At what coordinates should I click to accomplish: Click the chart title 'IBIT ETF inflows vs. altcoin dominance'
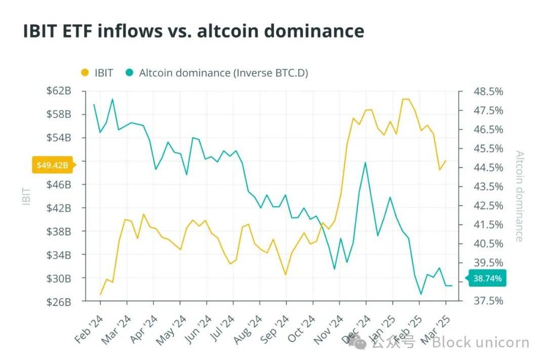coord(193,31)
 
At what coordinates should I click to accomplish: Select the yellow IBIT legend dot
coord(85,73)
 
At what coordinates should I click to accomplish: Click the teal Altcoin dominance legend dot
coord(129,73)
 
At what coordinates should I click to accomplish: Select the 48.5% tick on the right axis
coord(488,92)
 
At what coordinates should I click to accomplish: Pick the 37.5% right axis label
coord(488,301)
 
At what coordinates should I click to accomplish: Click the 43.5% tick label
coord(488,187)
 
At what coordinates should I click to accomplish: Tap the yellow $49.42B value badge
coord(53,165)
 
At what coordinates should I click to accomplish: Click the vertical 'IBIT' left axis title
coord(27,196)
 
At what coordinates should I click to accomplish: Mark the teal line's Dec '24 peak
coord(365,163)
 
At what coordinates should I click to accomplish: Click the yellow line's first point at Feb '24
coord(100,294)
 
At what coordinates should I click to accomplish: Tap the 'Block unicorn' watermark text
coord(480,343)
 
